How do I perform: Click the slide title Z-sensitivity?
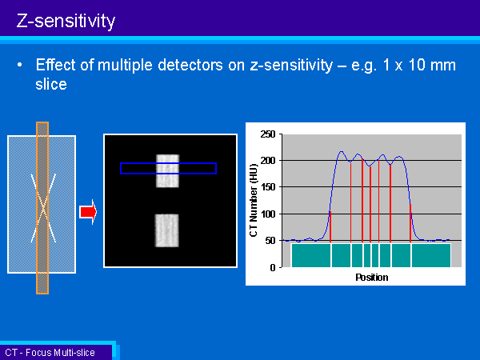(x=66, y=21)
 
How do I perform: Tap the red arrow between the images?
(x=88, y=212)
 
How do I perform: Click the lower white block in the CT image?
(x=166, y=230)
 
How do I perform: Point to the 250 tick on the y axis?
(x=268, y=134)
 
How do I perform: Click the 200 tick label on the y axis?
(x=268, y=161)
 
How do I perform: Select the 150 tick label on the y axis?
(x=268, y=186)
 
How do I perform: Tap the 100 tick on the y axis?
(x=268, y=214)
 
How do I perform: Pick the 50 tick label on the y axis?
(x=270, y=240)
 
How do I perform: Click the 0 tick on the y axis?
(x=273, y=267)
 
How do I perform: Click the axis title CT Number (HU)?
(x=254, y=201)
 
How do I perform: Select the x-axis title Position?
(x=372, y=278)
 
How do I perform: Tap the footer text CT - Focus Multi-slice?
(x=50, y=352)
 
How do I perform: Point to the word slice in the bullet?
(x=51, y=84)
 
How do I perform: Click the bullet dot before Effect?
(x=19, y=65)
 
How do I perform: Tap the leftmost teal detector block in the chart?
(x=311, y=255)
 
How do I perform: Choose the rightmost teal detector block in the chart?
(x=431, y=255)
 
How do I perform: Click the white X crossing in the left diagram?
(x=43, y=208)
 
